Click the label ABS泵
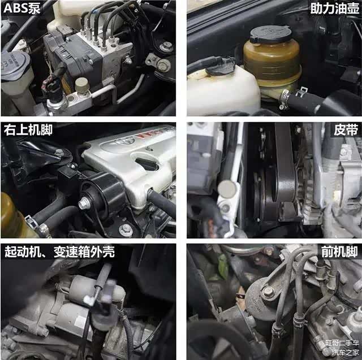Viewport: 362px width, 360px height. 22,8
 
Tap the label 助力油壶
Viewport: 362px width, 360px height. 334,8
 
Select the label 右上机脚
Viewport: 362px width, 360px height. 28,130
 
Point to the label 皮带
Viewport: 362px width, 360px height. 346,130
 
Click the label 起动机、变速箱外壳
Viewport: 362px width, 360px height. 59,251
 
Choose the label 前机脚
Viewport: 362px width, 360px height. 339,251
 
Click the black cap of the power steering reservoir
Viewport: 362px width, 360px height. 271,34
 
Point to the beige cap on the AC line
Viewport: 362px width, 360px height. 82,85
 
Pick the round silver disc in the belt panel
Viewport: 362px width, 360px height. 227,189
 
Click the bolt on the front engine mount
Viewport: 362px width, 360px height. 268,292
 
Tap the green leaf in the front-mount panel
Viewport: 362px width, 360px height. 223,267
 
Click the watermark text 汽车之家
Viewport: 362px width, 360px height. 346,353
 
